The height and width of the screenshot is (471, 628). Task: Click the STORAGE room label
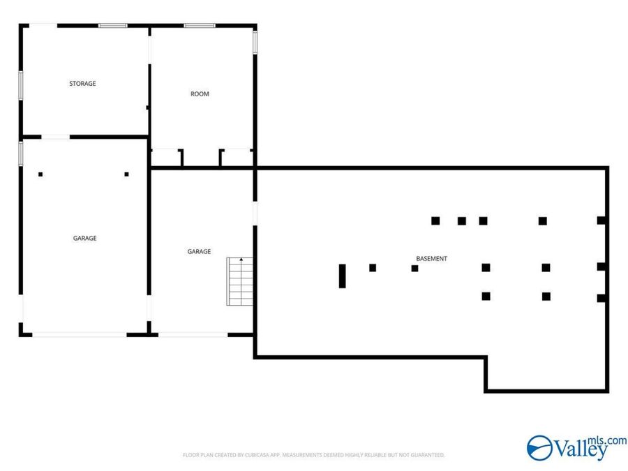pos(82,83)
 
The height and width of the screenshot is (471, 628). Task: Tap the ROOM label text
pos(200,94)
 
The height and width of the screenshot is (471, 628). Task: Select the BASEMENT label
pos(431,259)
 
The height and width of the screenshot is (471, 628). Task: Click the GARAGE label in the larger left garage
pos(84,238)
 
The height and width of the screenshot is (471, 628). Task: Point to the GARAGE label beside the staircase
pos(199,251)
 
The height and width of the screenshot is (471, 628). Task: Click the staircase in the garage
pos(240,282)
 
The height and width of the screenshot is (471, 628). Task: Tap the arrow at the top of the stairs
pos(241,260)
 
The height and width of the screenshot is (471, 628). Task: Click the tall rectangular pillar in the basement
pos(342,276)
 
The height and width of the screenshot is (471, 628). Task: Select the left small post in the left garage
pos(40,174)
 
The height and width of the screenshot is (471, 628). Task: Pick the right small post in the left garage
pos(126,174)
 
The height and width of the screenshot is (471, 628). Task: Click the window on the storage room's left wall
pos(21,85)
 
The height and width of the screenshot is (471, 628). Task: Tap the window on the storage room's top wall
pos(113,26)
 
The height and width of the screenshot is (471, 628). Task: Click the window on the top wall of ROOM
pos(200,26)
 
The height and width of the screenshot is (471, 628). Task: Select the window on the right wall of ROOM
pos(255,43)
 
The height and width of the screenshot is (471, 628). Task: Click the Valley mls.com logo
pos(577,448)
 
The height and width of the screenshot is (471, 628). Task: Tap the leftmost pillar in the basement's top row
pos(435,220)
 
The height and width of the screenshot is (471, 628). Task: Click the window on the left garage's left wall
pos(21,154)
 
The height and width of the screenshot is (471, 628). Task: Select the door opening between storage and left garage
pos(56,137)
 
